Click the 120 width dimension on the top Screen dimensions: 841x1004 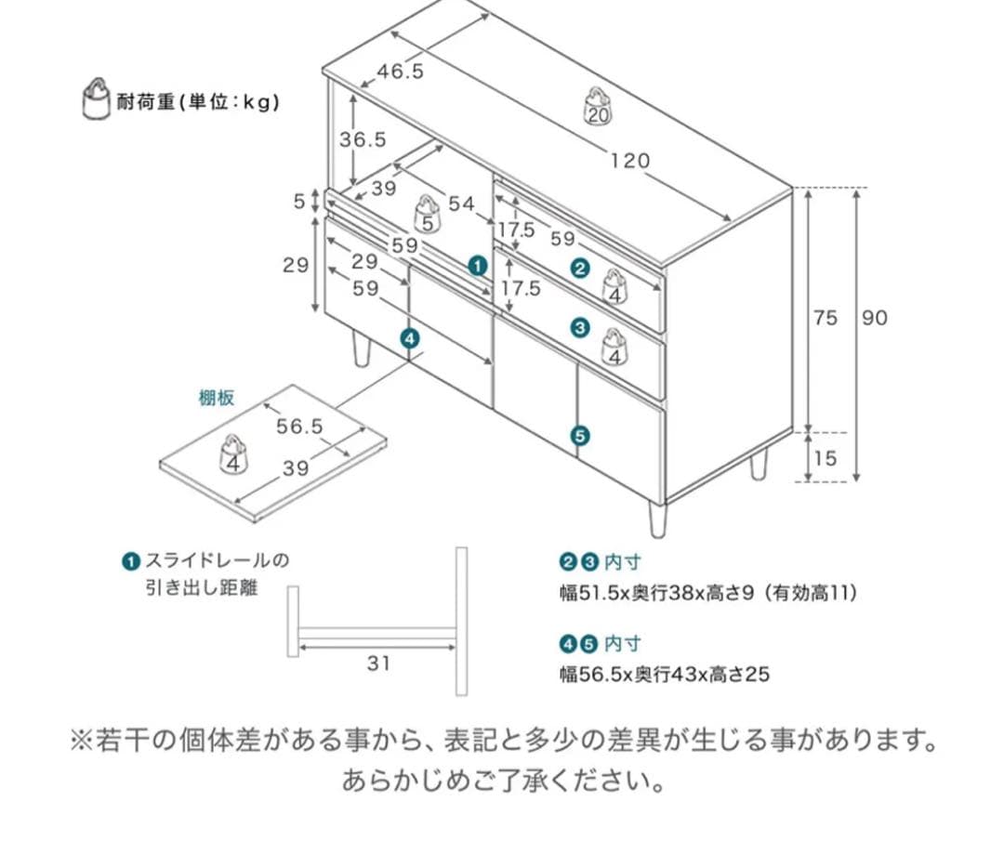pyautogui.click(x=629, y=161)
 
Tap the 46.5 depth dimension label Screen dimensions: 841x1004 pyautogui.click(x=400, y=71)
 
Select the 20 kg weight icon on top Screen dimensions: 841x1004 pyautogui.click(x=597, y=106)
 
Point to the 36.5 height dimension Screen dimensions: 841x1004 pyautogui.click(x=363, y=139)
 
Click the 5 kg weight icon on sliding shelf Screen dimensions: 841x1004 pyautogui.click(x=426, y=215)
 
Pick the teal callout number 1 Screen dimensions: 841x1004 pyautogui.click(x=478, y=267)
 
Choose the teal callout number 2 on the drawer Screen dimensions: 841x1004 pyautogui.click(x=580, y=269)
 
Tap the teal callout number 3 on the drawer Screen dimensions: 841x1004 pyautogui.click(x=580, y=327)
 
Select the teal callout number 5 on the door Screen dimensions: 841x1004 pyautogui.click(x=580, y=435)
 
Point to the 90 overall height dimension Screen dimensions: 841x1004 pyautogui.click(x=874, y=318)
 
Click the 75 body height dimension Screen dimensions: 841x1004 pyautogui.click(x=826, y=318)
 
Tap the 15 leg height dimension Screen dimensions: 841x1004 pyautogui.click(x=826, y=458)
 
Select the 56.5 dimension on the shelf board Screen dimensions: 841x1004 pyautogui.click(x=299, y=427)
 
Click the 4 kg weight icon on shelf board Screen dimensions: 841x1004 pyautogui.click(x=233, y=454)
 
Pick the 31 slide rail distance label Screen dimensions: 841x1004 pyautogui.click(x=377, y=664)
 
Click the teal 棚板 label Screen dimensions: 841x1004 pyautogui.click(x=216, y=398)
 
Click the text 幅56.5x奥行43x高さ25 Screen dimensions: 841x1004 pyautogui.click(x=665, y=674)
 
